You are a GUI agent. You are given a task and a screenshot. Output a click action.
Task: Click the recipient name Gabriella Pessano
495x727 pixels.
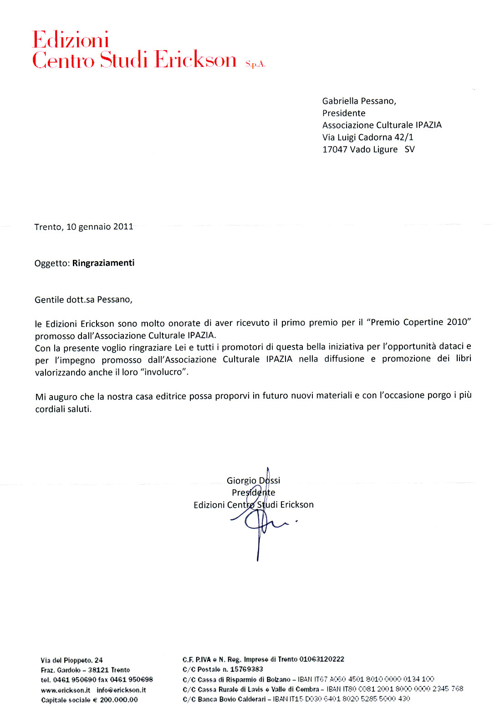coord(359,101)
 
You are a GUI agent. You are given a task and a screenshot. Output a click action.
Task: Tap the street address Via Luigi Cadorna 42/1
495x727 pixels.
coord(367,137)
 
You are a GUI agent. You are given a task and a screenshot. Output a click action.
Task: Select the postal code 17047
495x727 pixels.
coord(335,150)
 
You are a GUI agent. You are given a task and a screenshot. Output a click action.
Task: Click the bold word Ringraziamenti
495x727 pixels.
coord(103,263)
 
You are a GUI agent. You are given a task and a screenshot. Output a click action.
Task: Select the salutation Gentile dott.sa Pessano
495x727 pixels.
coord(83,300)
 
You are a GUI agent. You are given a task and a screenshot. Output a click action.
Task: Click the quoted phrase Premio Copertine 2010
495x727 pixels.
coord(419,322)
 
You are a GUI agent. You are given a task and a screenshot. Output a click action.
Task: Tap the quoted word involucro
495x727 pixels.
coord(163,372)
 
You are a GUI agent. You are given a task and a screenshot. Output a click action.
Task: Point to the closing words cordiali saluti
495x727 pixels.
coord(63,409)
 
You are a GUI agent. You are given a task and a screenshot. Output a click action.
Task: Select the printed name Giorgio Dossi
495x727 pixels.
coord(253,480)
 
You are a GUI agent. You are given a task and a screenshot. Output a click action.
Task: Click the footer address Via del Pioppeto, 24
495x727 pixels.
coord(71,660)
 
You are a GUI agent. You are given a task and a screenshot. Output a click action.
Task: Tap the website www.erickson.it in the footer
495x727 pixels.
coord(66,690)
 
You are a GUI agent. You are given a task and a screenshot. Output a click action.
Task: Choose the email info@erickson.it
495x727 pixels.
coord(121,690)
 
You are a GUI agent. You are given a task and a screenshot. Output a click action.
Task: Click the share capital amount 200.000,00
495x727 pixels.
coord(119,700)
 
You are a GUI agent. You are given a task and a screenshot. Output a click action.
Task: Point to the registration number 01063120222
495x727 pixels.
coord(321,659)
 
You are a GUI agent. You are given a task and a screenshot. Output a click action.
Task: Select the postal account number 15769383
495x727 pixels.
coord(246,669)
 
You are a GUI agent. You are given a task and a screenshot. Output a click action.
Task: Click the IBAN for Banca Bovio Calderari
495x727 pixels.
coord(342,699)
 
